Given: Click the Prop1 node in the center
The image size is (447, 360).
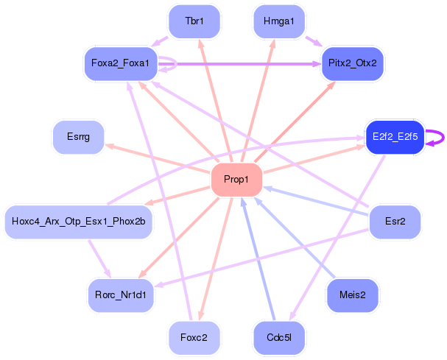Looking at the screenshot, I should pyautogui.click(x=236, y=180).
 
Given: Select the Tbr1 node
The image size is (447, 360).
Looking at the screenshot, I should pyautogui.click(x=194, y=21).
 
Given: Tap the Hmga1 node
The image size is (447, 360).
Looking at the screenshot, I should pyautogui.click(x=278, y=21).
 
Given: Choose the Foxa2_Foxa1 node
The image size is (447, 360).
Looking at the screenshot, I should pyautogui.click(x=120, y=63).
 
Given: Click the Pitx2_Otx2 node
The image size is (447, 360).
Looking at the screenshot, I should pyautogui.click(x=352, y=63).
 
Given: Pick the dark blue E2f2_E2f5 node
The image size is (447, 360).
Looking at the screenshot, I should pyautogui.click(x=395, y=137).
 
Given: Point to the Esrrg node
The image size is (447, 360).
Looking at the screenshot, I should pyautogui.click(x=77, y=137).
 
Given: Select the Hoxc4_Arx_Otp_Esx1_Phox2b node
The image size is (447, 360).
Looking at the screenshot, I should pyautogui.click(x=78, y=221).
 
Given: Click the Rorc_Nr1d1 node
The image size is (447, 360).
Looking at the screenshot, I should pyautogui.click(x=121, y=294).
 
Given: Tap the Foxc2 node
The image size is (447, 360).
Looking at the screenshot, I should pyautogui.click(x=194, y=337).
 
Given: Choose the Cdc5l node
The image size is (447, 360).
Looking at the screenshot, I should pyautogui.click(x=278, y=337).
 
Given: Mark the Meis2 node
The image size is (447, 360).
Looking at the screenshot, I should pyautogui.click(x=352, y=294).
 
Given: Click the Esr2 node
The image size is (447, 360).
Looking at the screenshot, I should pyautogui.click(x=395, y=221).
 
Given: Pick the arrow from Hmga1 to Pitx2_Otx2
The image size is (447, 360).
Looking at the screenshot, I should pyautogui.click(x=312, y=40).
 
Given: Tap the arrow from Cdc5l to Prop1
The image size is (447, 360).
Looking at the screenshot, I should pyautogui.click(x=257, y=258).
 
